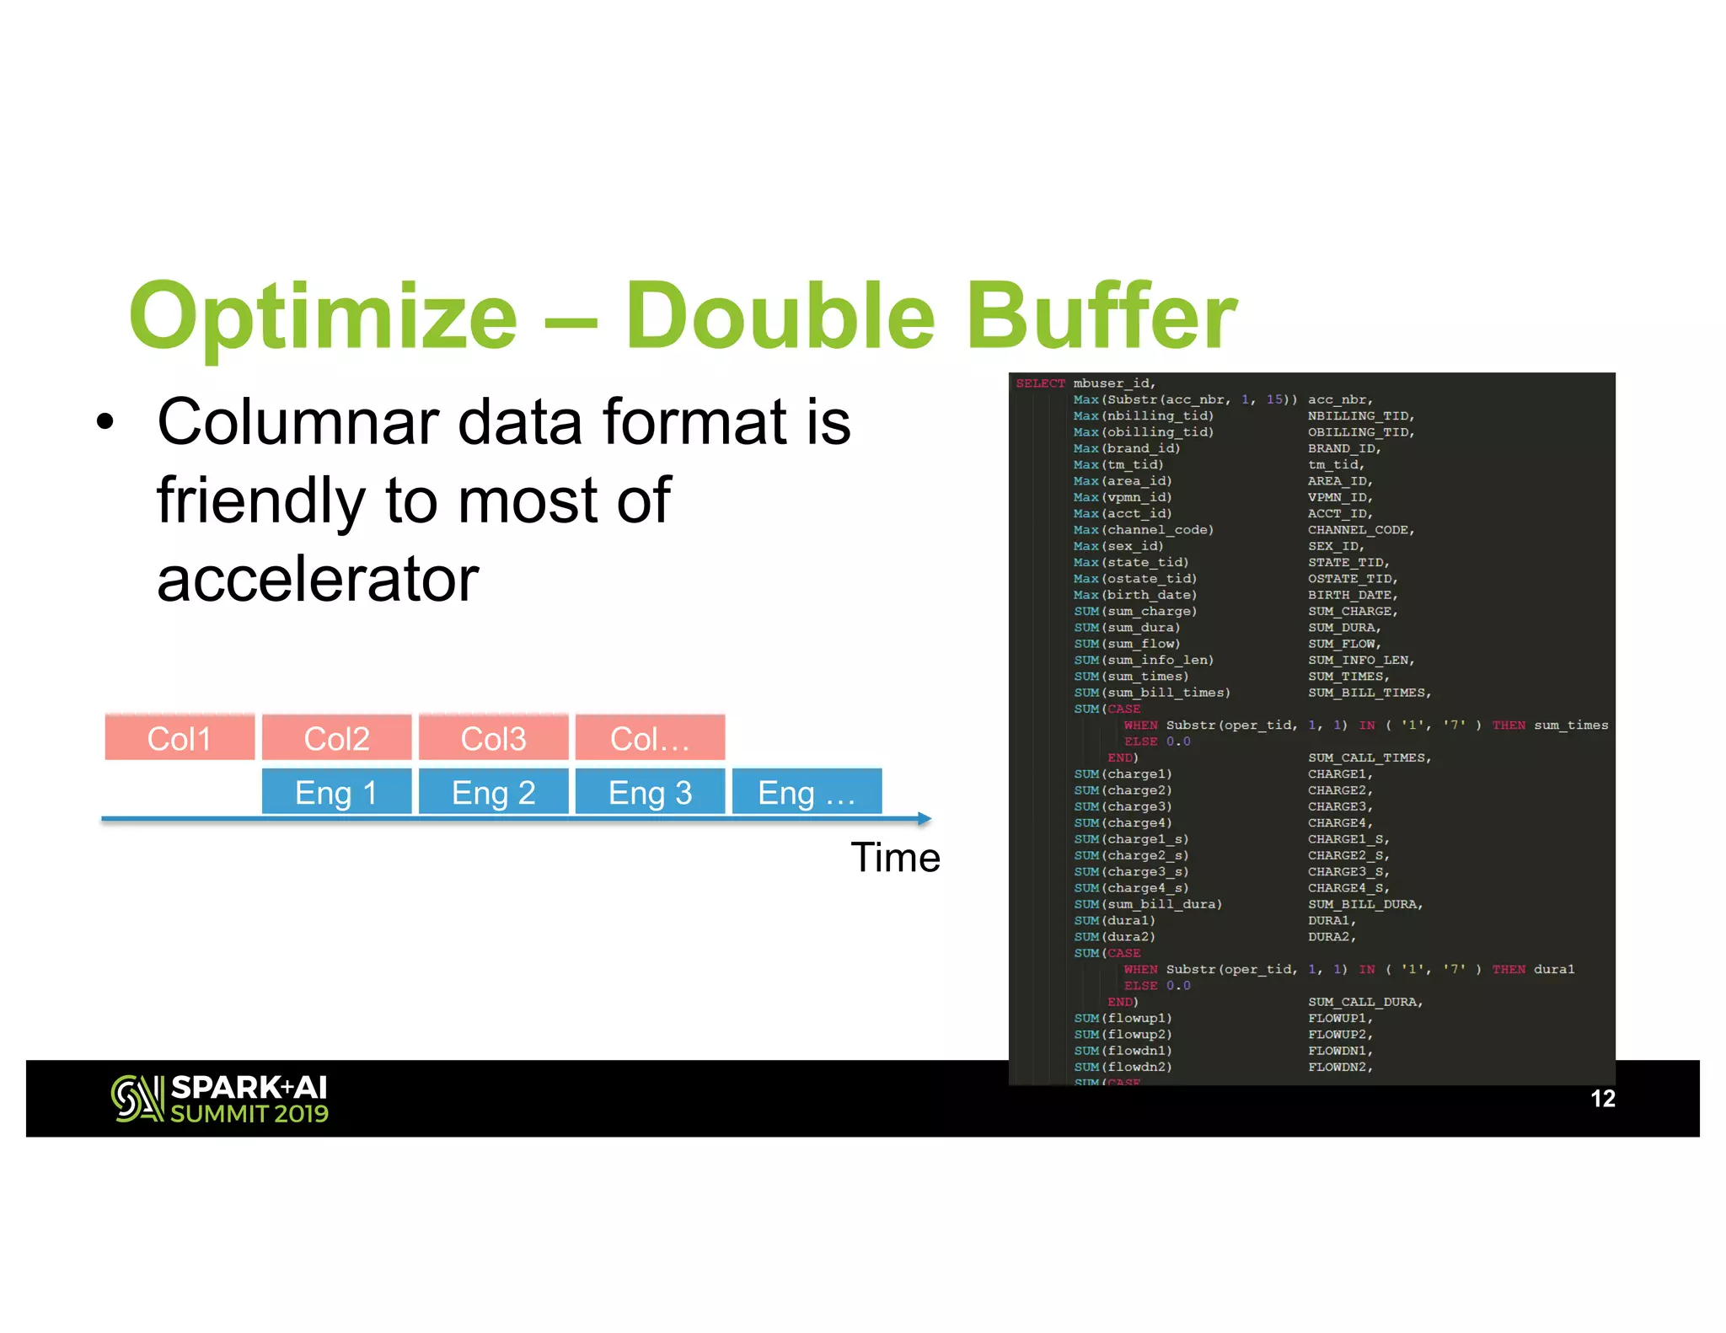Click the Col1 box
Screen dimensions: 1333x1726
click(x=180, y=737)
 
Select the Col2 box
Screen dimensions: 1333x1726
click(x=336, y=737)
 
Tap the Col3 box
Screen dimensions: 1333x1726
click(x=493, y=737)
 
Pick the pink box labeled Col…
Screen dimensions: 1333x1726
click(x=650, y=737)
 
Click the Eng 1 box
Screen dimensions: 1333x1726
click(x=336, y=792)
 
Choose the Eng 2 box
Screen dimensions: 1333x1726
click(x=493, y=792)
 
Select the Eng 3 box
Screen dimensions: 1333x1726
click(x=650, y=792)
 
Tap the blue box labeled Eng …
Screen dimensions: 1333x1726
click(x=807, y=792)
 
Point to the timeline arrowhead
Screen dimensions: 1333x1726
click(x=925, y=818)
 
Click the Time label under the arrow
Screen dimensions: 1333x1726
click(x=895, y=858)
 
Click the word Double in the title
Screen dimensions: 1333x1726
click(x=780, y=316)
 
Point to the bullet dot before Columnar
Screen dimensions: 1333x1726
click(x=105, y=421)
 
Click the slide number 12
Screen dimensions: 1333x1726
click(x=1602, y=1099)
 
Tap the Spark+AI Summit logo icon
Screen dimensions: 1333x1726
click(x=137, y=1099)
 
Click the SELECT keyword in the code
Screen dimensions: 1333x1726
click(x=1040, y=383)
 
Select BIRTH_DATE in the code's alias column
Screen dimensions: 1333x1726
click(x=1351, y=595)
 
